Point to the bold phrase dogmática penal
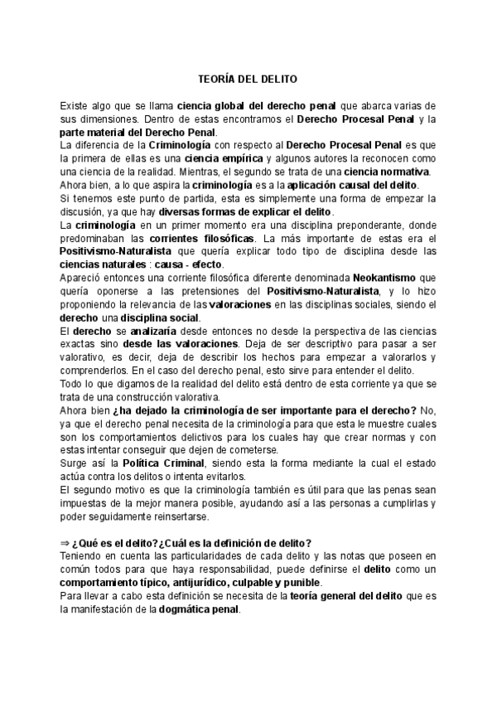pos(200,609)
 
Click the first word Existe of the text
pos(73,105)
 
